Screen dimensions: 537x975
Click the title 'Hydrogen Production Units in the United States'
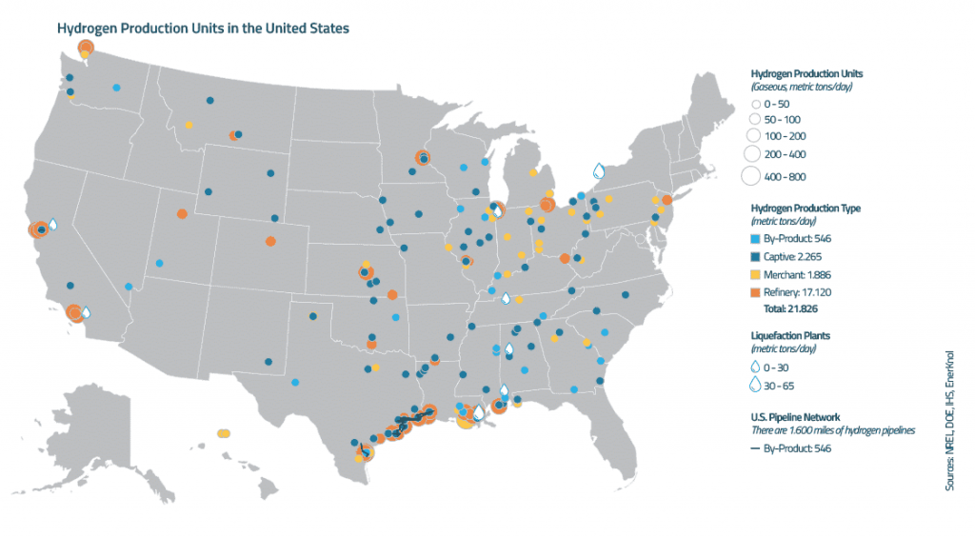point(203,29)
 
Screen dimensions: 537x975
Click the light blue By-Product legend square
point(756,238)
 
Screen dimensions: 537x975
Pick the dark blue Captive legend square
point(756,255)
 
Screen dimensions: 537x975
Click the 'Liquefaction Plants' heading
point(791,334)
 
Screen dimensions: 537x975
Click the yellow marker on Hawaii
point(224,433)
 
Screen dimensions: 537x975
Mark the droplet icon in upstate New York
point(599,171)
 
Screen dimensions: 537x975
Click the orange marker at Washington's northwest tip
point(86,48)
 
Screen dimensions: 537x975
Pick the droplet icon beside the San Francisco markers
point(53,225)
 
